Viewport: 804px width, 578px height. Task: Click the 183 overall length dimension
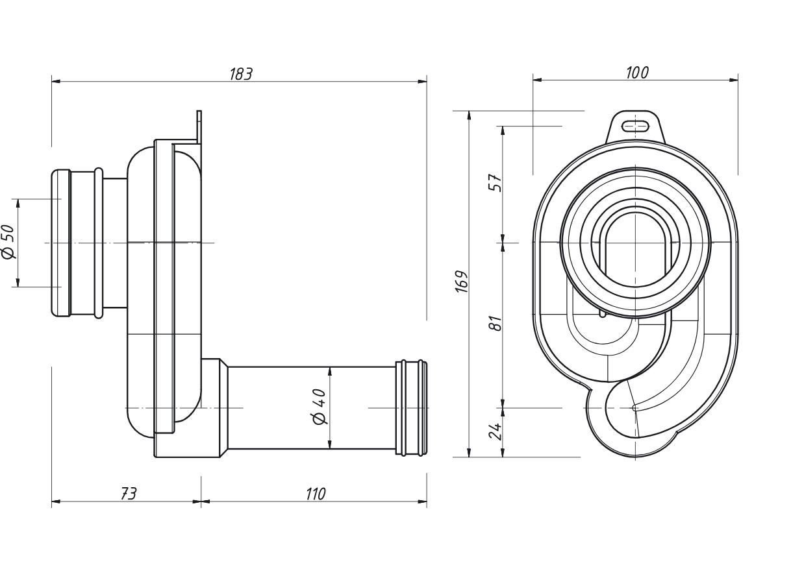pos(241,74)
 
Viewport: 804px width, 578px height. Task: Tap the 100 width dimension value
pos(638,73)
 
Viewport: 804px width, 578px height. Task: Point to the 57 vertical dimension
pos(496,183)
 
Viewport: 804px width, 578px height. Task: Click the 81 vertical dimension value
pos(496,323)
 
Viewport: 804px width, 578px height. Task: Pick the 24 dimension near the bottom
pos(495,431)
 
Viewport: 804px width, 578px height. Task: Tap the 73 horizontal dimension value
pos(129,494)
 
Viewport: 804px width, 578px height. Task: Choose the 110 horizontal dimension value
pos(316,494)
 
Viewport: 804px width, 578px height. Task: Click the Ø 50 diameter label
pos(8,242)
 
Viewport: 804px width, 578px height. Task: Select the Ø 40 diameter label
pos(320,407)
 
